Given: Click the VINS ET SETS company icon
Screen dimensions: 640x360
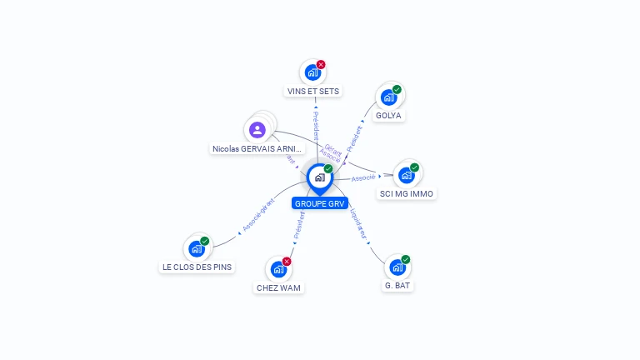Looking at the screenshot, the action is [x=312, y=72].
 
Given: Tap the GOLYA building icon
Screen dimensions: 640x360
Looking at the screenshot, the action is [x=388, y=97].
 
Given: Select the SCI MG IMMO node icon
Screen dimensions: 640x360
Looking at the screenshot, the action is [x=406, y=175].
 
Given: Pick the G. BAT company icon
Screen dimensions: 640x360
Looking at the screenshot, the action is [x=397, y=267].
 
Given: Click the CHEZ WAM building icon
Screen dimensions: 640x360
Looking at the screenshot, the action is [x=278, y=270].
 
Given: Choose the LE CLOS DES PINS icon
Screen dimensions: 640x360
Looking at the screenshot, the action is [x=196, y=248].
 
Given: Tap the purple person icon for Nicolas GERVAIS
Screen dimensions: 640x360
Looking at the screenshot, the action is [x=257, y=130].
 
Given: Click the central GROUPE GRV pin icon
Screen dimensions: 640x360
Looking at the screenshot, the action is [x=319, y=177].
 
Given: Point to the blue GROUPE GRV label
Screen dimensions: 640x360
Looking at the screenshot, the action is [x=319, y=203].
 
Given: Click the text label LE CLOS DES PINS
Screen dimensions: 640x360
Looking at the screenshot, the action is [x=197, y=267].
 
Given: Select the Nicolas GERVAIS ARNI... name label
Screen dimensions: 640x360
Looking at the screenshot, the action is [x=257, y=148].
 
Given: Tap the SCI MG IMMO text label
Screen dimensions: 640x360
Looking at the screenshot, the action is [x=407, y=194].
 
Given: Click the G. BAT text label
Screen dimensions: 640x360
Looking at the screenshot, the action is [x=397, y=286].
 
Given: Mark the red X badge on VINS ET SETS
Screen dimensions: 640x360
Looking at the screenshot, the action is [x=321, y=64].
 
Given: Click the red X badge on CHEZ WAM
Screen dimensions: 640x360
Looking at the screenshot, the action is [x=287, y=262].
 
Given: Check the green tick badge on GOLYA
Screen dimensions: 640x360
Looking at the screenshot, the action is [x=397, y=89].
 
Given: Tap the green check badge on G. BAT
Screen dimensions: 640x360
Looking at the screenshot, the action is [x=406, y=259].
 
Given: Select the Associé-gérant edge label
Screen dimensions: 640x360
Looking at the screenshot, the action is [x=258, y=215].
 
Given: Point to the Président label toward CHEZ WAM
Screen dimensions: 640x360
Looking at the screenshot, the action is [x=299, y=223].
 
